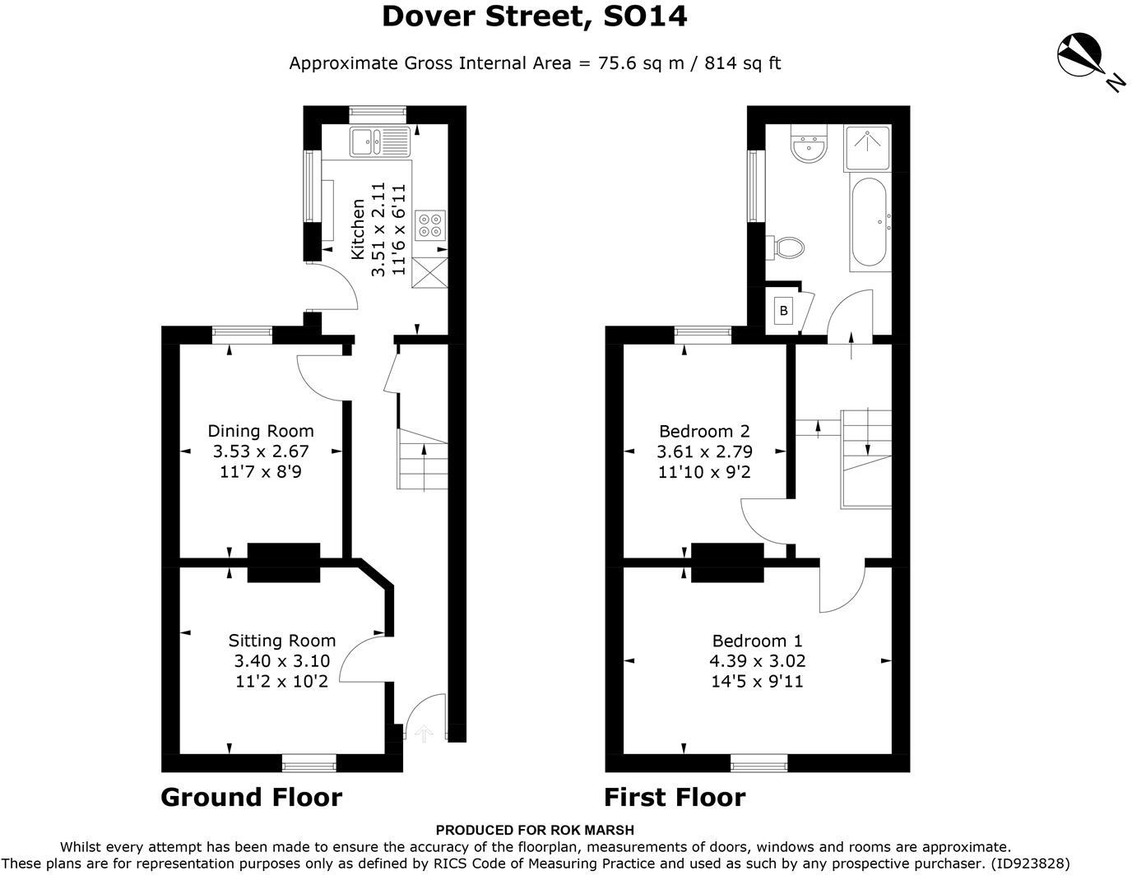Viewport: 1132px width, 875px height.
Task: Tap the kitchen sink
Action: coord(380,141)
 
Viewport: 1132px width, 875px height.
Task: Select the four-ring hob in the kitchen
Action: coord(430,225)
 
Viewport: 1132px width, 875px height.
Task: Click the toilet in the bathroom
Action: coord(785,248)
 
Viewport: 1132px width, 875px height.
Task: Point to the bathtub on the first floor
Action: coord(869,222)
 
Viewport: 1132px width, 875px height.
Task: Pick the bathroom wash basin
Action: coord(808,144)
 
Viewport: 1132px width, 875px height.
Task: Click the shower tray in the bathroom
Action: coord(867,147)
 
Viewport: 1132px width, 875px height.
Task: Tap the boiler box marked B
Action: coord(783,311)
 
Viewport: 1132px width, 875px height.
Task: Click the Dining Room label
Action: coord(261,431)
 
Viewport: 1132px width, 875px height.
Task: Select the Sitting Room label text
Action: coord(282,641)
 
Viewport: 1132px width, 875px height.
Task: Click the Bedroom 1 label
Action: coord(758,641)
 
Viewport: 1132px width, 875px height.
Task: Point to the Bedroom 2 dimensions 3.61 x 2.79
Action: coord(704,451)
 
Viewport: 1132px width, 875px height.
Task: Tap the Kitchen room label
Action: coord(358,229)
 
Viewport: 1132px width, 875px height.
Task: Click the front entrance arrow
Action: coord(424,734)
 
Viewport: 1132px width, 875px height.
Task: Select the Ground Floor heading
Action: coord(251,798)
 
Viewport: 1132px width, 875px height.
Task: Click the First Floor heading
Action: coord(675,798)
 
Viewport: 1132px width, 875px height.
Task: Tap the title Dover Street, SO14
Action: coord(535,16)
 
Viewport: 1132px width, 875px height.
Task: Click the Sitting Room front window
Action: coord(309,763)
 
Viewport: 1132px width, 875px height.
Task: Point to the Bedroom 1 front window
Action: coord(759,763)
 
